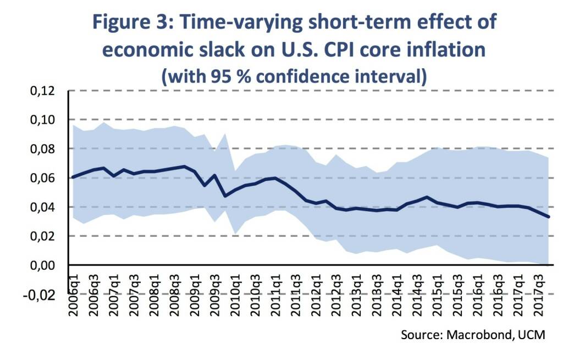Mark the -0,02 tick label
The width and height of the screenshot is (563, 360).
point(40,295)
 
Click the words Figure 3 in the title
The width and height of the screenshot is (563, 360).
point(140,23)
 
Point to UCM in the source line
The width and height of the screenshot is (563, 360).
point(533,334)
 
